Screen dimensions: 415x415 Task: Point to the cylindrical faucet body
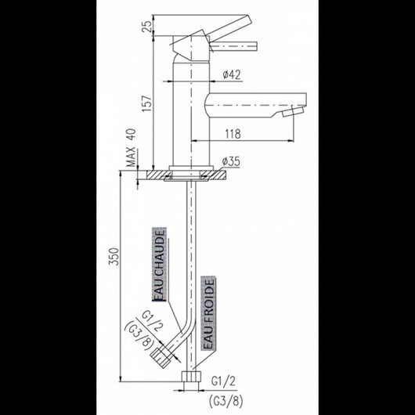[187, 117]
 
